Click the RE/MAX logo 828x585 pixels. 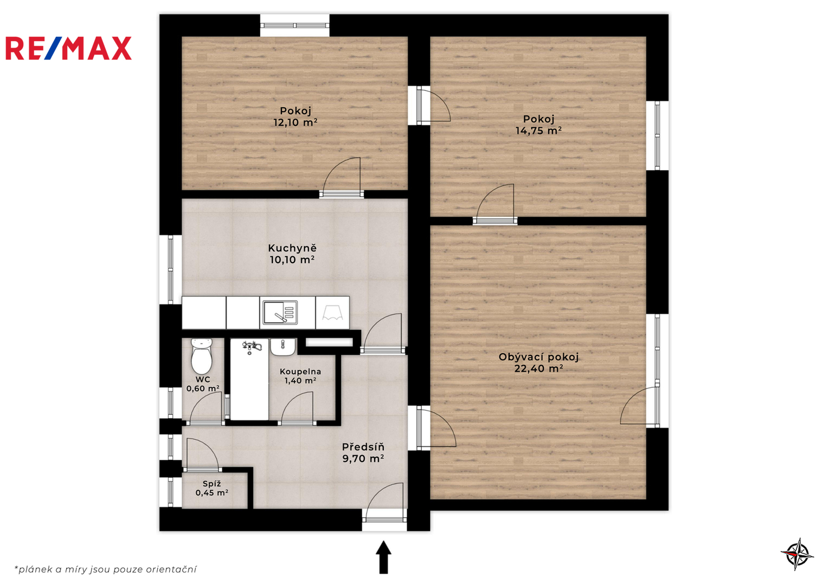tap(68, 48)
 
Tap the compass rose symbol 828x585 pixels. tap(797, 554)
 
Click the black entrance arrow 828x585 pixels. tap(384, 557)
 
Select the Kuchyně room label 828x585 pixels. tap(292, 248)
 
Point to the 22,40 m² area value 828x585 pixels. tap(538, 368)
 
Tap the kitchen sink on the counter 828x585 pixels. tap(280, 313)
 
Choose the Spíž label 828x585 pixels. tap(212, 484)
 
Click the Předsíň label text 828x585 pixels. tap(363, 447)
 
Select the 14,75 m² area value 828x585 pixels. tap(538, 131)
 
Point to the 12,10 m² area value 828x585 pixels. tap(295, 122)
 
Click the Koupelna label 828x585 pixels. tap(300, 372)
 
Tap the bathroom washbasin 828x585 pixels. tap(283, 347)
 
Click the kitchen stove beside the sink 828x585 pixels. tap(332, 313)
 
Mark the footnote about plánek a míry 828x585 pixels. tap(105, 569)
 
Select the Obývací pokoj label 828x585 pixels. tap(538, 357)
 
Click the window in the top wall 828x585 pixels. tap(294, 25)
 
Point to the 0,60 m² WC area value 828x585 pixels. tap(203, 388)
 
